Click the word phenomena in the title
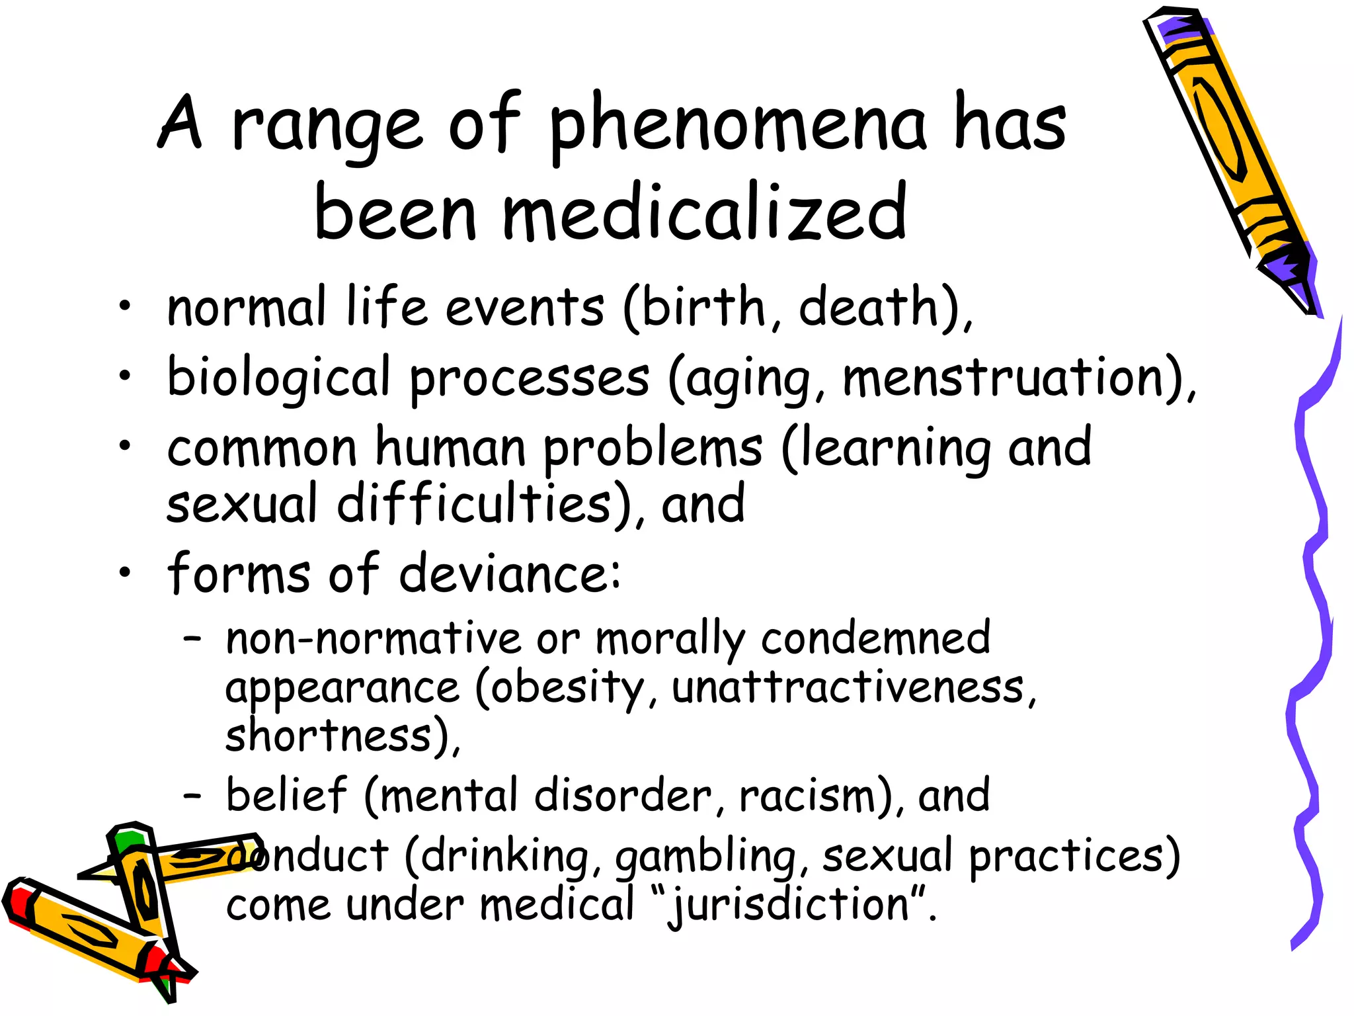[x=738, y=126]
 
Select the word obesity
[x=567, y=689]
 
